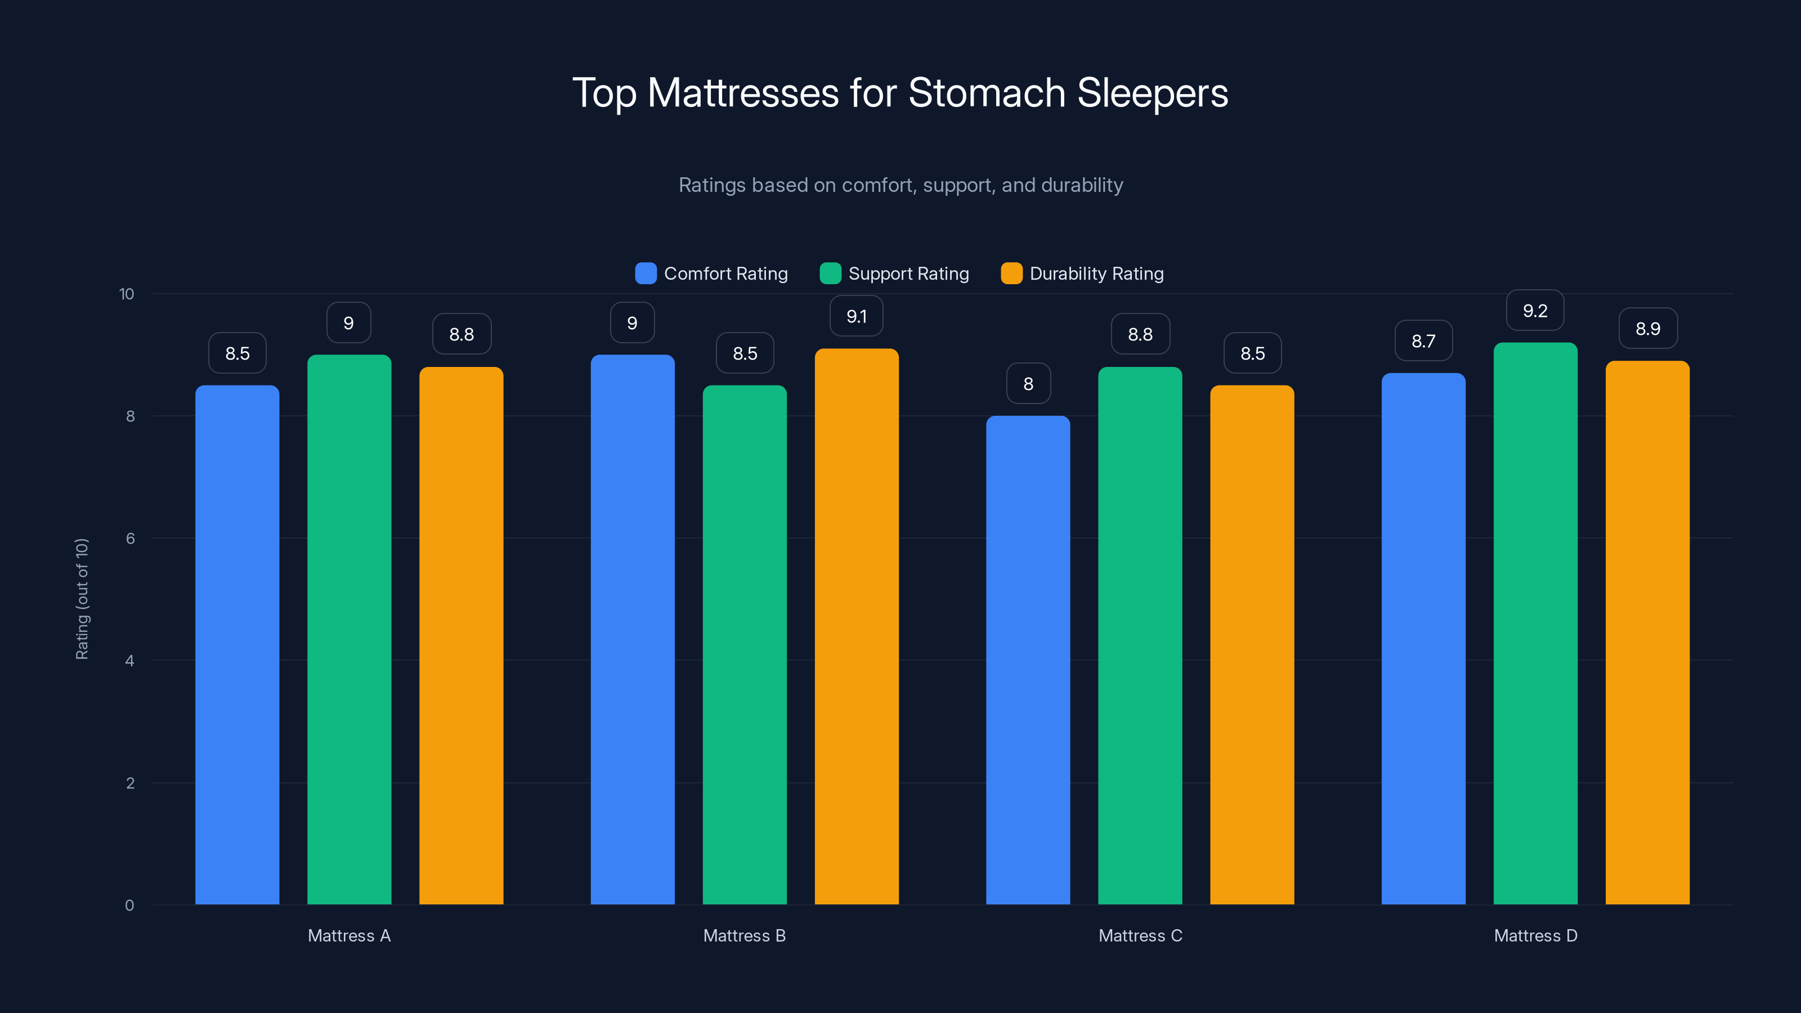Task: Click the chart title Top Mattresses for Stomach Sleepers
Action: coord(900,93)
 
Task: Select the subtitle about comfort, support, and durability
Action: coord(901,185)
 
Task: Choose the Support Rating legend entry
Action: coord(894,274)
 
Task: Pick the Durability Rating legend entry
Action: coord(1082,274)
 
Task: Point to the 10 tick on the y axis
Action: coord(127,294)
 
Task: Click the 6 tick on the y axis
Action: coord(130,539)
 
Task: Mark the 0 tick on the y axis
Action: coord(129,906)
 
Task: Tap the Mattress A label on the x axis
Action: coord(349,936)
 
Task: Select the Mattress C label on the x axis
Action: coord(1140,936)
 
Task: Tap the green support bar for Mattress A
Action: coord(349,629)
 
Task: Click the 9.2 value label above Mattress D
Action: coord(1535,311)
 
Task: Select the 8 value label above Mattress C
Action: coord(1028,384)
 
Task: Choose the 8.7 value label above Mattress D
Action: coord(1423,341)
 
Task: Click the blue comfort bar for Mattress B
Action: coord(632,629)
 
